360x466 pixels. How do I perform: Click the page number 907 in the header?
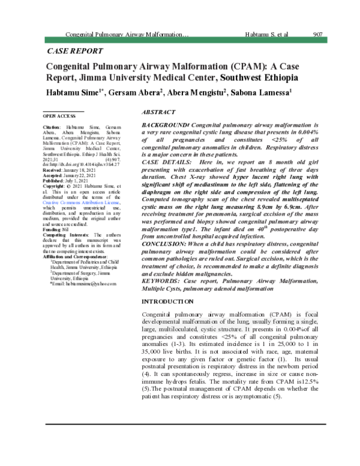point(319,35)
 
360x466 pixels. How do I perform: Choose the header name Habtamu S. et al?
point(267,35)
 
